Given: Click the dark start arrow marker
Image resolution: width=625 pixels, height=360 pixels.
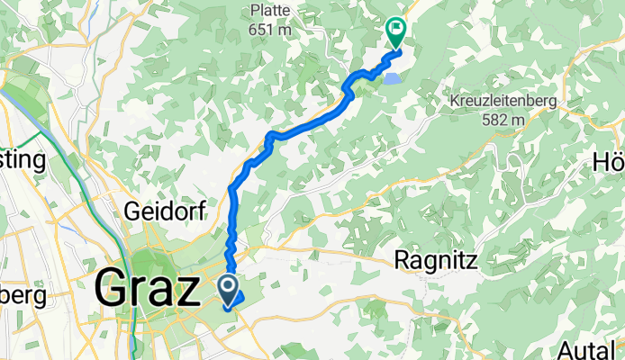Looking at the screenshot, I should (x=228, y=289).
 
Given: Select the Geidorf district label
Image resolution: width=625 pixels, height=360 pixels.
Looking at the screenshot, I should (x=166, y=211).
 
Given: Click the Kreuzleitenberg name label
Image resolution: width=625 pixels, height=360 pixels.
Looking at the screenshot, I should (x=504, y=102).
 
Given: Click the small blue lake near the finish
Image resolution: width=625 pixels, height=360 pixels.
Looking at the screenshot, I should (x=394, y=79).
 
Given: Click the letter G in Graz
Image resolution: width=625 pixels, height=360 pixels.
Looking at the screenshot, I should (x=111, y=290).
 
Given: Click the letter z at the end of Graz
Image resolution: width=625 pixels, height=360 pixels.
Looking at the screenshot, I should (x=186, y=292).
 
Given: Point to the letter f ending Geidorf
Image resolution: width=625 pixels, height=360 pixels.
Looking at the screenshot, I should (x=203, y=211).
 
